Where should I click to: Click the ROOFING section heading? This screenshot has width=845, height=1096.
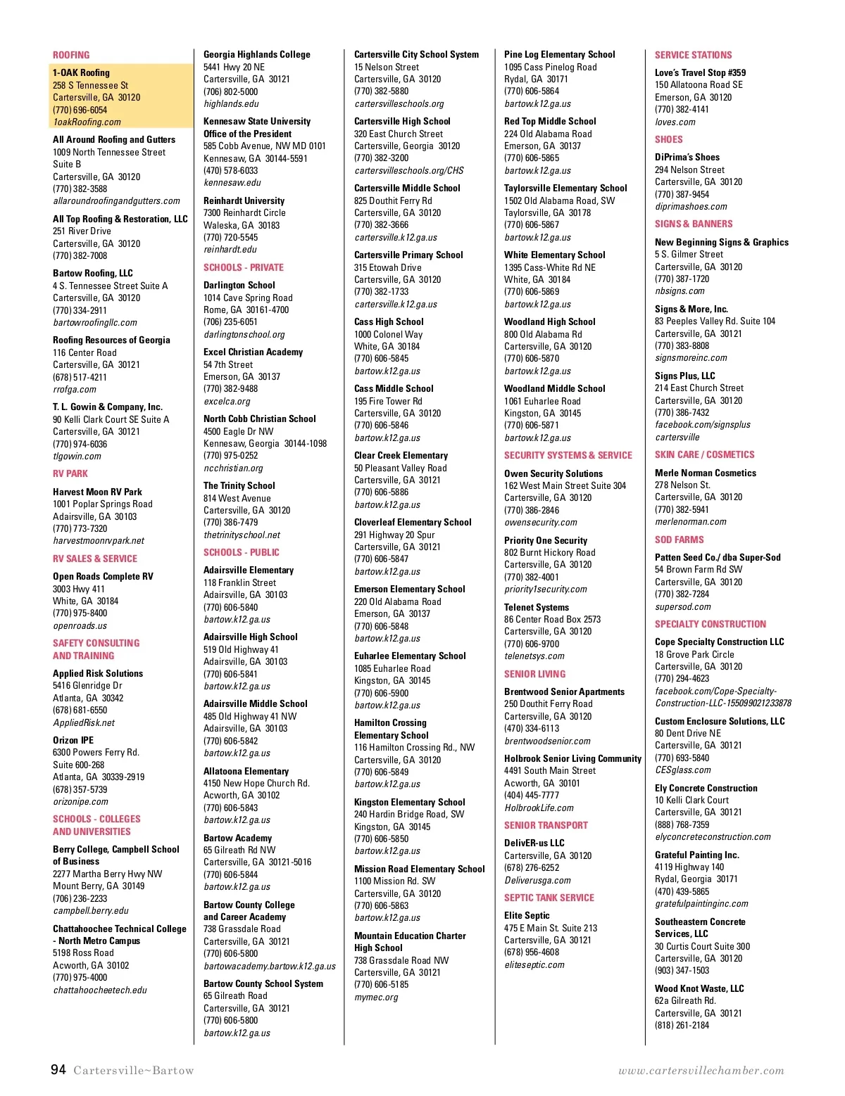click(71, 55)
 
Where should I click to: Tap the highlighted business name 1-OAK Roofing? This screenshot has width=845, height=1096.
click(81, 72)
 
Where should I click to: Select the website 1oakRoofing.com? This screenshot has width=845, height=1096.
click(87, 122)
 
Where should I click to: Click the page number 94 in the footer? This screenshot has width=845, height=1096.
click(58, 1070)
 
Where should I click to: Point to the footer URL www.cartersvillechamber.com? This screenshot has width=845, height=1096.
click(701, 1071)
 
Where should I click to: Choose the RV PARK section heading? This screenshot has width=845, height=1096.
click(70, 474)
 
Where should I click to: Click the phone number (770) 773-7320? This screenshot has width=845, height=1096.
click(80, 529)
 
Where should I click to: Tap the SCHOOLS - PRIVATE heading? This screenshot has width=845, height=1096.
click(244, 268)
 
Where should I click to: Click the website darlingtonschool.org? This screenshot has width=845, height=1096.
click(244, 335)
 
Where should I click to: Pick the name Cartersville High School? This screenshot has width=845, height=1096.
click(402, 122)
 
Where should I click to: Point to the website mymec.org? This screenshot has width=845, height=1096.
click(376, 998)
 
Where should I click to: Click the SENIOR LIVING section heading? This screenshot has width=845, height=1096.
click(534, 674)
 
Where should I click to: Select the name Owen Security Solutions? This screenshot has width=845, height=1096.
click(553, 474)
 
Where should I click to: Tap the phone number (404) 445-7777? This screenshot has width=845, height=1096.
click(532, 796)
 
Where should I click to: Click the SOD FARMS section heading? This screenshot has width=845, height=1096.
click(680, 540)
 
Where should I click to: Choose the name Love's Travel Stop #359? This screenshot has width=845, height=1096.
click(700, 73)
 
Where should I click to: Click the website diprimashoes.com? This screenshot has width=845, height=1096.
click(691, 207)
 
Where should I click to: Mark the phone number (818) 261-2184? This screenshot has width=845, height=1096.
click(682, 1026)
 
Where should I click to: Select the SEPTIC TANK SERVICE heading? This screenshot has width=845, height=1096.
click(549, 898)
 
